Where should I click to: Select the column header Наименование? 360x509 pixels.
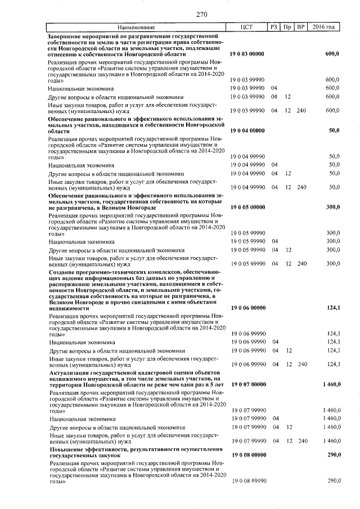click(x=136, y=27)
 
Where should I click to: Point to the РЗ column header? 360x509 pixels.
click(x=274, y=27)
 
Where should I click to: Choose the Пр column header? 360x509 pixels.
click(x=287, y=27)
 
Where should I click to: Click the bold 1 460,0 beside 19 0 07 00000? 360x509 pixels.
click(x=331, y=384)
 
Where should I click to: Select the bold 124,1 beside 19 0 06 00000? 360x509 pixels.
click(x=334, y=308)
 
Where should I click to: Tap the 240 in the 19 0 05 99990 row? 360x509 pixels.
click(x=301, y=263)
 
